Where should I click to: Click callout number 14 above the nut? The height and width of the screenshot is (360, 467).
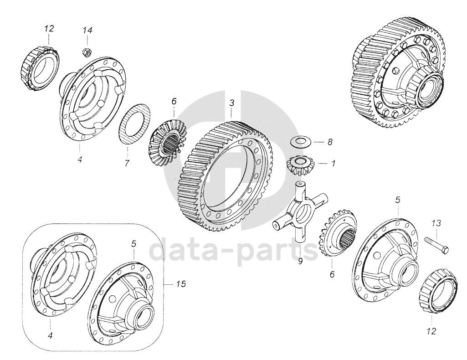tap(87, 30)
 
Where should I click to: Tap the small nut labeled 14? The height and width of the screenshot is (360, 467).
tap(87, 51)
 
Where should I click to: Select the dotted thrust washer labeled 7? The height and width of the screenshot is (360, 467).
tap(135, 125)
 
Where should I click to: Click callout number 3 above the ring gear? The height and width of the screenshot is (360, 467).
tap(232, 103)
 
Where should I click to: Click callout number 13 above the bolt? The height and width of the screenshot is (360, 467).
tap(436, 223)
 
